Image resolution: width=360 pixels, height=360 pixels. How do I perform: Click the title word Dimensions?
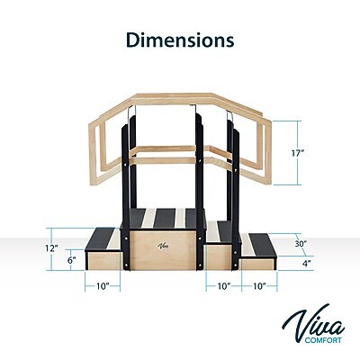[x=179, y=40]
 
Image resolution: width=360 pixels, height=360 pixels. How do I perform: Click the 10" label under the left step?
[x=103, y=286]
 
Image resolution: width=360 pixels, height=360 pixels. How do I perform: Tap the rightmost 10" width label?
[x=259, y=286]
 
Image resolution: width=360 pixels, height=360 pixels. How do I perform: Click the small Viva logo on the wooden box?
[x=163, y=243]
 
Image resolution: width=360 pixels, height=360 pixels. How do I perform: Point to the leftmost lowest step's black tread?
[x=103, y=240]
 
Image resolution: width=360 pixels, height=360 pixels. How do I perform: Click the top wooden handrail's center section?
[x=180, y=98]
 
